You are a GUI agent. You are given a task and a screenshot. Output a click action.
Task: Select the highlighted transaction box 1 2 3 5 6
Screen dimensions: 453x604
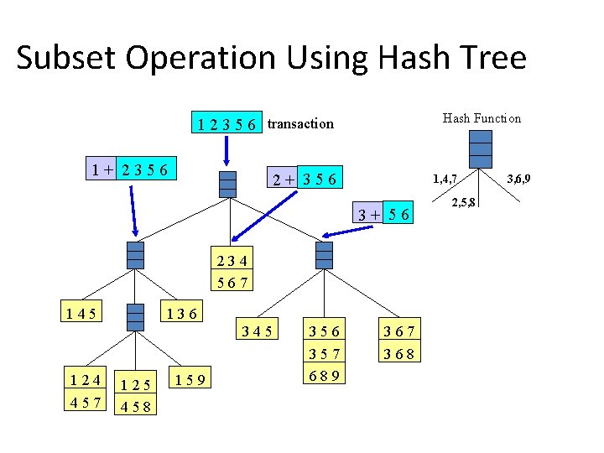click(x=226, y=123)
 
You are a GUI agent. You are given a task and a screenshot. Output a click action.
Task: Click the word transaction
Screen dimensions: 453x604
click(x=300, y=123)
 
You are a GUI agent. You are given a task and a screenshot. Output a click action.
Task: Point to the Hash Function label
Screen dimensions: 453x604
click(x=482, y=118)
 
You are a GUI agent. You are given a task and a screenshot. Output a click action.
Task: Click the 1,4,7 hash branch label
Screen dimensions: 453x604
click(x=444, y=179)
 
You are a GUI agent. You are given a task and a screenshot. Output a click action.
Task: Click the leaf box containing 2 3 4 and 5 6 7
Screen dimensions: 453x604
click(x=232, y=271)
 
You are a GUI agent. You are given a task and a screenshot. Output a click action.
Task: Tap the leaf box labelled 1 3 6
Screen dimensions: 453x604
click(x=180, y=314)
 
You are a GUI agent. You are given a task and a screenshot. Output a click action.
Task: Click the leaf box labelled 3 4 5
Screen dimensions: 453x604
click(x=258, y=332)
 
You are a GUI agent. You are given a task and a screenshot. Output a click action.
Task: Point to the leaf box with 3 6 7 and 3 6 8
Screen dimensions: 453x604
click(x=401, y=342)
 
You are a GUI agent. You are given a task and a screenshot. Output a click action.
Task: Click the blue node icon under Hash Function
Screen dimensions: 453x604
click(x=481, y=151)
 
